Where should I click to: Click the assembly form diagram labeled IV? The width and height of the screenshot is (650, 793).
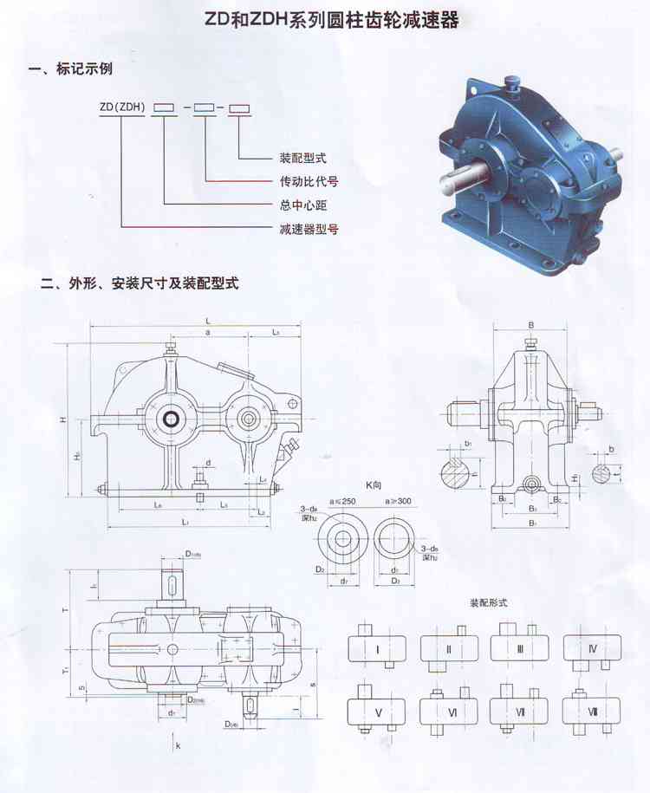click(593, 648)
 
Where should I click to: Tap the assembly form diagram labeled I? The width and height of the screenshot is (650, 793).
click(377, 648)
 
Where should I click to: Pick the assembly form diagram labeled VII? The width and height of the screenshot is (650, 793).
click(520, 711)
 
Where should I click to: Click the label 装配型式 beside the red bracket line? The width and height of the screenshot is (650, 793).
click(302, 159)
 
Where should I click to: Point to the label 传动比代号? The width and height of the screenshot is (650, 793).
click(308, 182)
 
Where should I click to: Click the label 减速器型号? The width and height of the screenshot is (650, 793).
click(308, 229)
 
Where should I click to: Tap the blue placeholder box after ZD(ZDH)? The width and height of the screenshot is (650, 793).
click(204, 107)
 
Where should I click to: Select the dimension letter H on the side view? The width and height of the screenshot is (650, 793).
click(63, 419)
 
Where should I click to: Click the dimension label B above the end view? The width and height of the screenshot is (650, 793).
click(530, 325)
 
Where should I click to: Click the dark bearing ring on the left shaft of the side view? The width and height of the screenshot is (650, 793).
click(172, 419)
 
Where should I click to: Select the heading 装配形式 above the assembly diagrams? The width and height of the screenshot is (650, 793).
click(488, 601)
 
